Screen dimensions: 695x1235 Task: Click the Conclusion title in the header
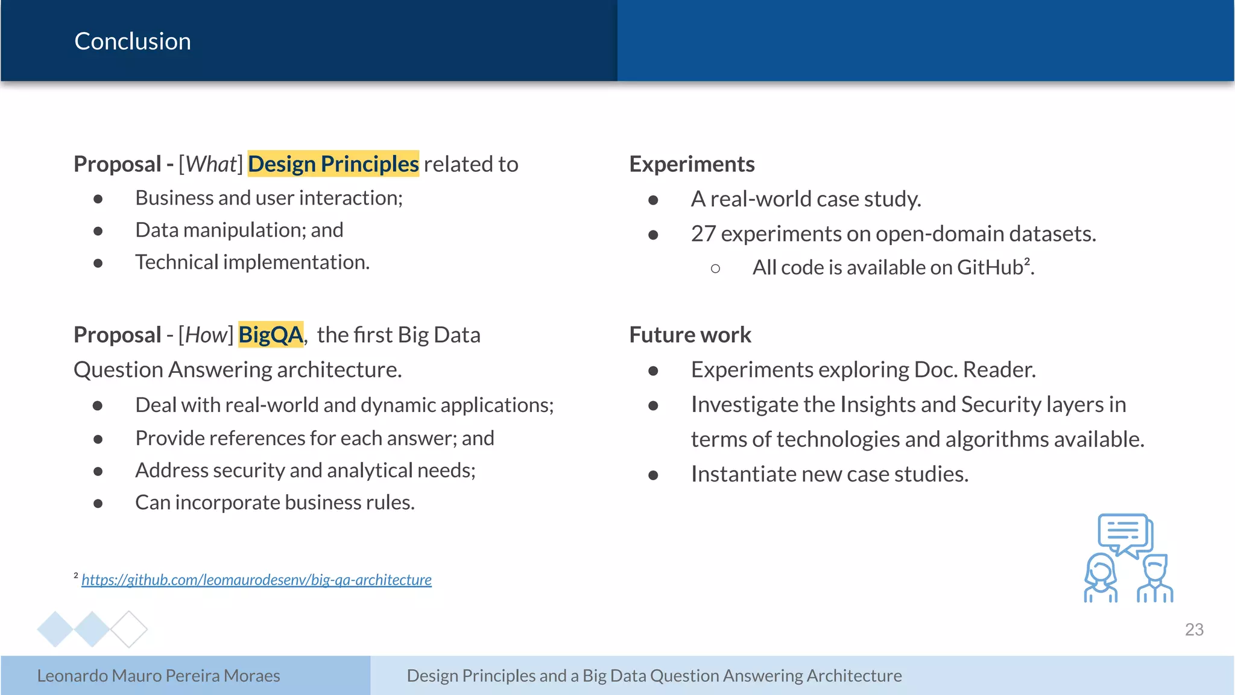(132, 41)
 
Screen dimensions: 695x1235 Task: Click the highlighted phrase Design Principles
(333, 164)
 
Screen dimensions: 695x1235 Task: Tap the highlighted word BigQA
(270, 335)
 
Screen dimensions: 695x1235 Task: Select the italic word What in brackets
(210, 164)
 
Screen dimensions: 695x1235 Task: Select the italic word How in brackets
(205, 335)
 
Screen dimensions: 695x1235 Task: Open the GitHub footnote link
(256, 580)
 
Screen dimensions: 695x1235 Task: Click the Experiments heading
(692, 164)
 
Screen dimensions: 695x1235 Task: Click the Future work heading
(690, 335)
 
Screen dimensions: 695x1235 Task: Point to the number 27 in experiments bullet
(703, 234)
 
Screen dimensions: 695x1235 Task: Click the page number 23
(1193, 629)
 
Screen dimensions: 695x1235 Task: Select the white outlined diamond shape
(129, 629)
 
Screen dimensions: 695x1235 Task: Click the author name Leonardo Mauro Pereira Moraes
(159, 676)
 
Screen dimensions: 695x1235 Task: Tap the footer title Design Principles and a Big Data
(654, 676)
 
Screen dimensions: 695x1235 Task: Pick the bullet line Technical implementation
(252, 262)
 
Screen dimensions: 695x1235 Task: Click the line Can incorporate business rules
(274, 503)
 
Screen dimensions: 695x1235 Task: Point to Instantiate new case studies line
(829, 474)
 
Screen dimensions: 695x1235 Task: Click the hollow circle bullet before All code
(715, 268)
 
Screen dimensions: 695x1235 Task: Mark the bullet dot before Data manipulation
(98, 231)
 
